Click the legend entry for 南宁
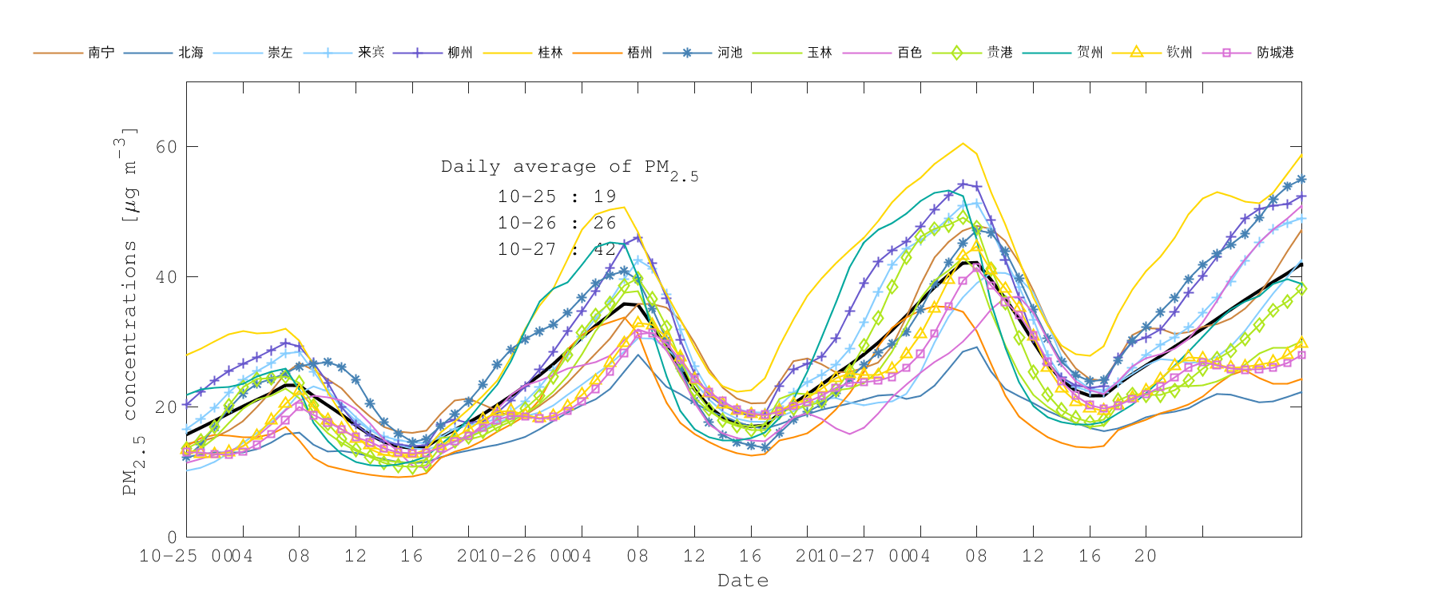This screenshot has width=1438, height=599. [x=101, y=53]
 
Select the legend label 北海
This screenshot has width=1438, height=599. [x=190, y=53]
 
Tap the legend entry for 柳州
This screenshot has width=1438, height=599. [x=460, y=53]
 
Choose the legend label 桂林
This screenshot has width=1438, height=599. [x=550, y=53]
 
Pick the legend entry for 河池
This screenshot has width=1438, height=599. [x=729, y=53]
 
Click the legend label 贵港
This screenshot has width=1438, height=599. [x=999, y=53]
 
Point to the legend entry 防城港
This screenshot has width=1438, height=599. [x=1275, y=53]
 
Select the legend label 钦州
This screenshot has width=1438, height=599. [x=1179, y=53]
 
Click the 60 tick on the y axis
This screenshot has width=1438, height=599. [x=166, y=147]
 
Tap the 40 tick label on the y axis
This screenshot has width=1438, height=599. [x=166, y=277]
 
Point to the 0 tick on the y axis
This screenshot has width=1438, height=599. [x=172, y=538]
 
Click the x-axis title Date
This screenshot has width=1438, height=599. [x=743, y=581]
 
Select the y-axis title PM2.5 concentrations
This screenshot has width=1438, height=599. [x=128, y=311]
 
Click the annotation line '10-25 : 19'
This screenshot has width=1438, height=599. [x=557, y=196]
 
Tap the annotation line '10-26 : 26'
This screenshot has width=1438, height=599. [x=557, y=223]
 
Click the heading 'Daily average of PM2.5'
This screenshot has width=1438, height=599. [x=569, y=168]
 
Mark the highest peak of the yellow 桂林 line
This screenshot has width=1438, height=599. [x=963, y=144]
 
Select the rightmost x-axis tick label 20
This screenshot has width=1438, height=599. [x=1146, y=556]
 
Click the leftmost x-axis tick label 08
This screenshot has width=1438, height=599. [x=299, y=556]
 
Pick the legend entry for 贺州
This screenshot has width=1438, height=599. [x=1090, y=53]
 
